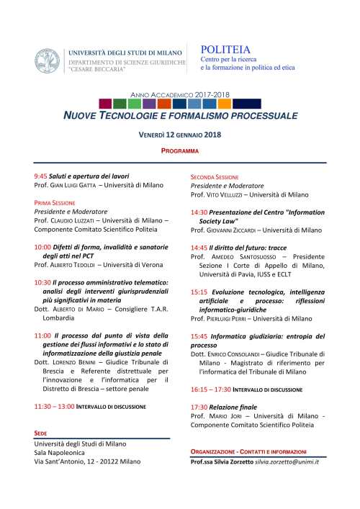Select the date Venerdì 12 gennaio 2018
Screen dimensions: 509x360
[x=179, y=135]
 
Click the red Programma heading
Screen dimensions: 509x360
[x=179, y=151]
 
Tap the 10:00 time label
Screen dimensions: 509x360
[x=42, y=247]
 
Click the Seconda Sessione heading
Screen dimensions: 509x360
[x=215, y=176]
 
